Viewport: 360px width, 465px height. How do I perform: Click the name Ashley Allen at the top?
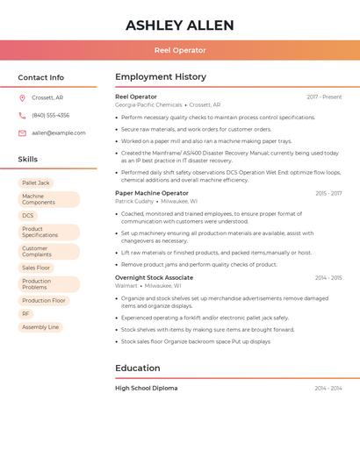[x=179, y=25]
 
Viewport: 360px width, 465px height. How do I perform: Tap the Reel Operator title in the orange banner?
[x=179, y=50]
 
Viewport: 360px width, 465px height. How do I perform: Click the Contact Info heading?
[x=41, y=77]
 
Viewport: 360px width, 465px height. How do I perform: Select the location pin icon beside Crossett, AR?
[x=22, y=97]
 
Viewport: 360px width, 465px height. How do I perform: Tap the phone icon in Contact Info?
[x=22, y=115]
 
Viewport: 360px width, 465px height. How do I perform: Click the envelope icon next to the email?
[x=22, y=133]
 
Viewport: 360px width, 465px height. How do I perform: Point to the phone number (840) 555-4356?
[x=50, y=115]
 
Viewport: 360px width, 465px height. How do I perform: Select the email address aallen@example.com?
[x=59, y=133]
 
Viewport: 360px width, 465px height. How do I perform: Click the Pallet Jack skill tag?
[x=36, y=182]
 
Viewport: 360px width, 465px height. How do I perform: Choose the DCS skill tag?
[x=28, y=215]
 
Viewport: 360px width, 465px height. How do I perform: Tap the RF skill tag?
[x=26, y=313]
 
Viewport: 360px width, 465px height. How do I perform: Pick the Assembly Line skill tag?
[x=40, y=327]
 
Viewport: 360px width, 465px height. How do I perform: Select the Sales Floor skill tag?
[x=36, y=268]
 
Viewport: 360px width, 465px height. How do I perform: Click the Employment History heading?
[x=161, y=77]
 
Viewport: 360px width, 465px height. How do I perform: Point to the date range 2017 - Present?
[x=324, y=97]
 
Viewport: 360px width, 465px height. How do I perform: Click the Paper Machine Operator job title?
[x=152, y=193]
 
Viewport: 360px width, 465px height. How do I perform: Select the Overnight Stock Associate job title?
[x=154, y=277]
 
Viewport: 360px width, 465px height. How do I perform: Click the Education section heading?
[x=138, y=368]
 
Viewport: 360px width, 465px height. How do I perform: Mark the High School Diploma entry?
[x=146, y=388]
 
